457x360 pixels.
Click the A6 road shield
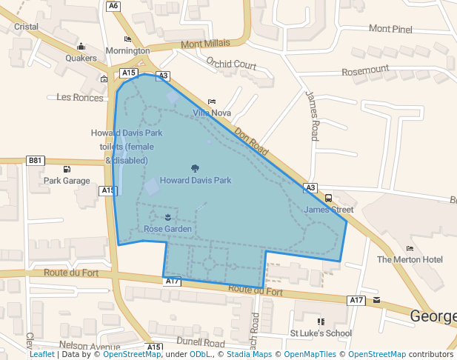113,6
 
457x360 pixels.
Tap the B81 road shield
36,160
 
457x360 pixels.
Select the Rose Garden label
168,229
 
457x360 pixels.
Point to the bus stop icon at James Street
328,198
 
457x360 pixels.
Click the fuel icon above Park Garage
67,170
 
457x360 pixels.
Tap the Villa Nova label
212,113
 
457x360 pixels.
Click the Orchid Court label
231,64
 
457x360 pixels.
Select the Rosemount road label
365,70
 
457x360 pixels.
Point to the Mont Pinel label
390,29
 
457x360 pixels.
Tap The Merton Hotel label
410,259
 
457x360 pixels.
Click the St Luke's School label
321,333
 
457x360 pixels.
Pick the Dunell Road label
201,343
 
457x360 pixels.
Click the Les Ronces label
79,97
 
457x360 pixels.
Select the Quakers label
81,58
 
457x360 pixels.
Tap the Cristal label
26,27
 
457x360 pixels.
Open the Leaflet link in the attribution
42,354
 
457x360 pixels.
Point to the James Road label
313,116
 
